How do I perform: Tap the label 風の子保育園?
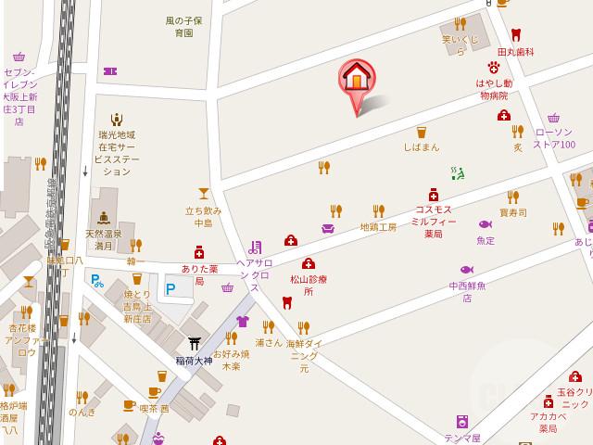tap(183, 26)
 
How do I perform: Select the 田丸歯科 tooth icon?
tap(515, 34)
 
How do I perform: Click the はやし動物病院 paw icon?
tap(494, 67)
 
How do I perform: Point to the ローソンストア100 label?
tap(554, 138)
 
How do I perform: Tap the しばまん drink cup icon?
tap(421, 133)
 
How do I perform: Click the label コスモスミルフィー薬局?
tap(434, 222)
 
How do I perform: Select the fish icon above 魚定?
tap(485, 224)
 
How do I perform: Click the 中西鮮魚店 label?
tap(467, 291)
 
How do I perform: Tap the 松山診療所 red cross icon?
tap(308, 263)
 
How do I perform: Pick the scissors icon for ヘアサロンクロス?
tap(254, 247)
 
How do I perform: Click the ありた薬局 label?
tap(198, 273)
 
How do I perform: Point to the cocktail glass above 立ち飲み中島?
tap(203, 193)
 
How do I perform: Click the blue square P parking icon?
tap(170, 288)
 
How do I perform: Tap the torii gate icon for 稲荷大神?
tap(194, 343)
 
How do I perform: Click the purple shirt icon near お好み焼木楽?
tap(243, 322)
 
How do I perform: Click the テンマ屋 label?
tap(462, 438)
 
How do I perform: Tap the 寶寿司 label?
tap(512, 212)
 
